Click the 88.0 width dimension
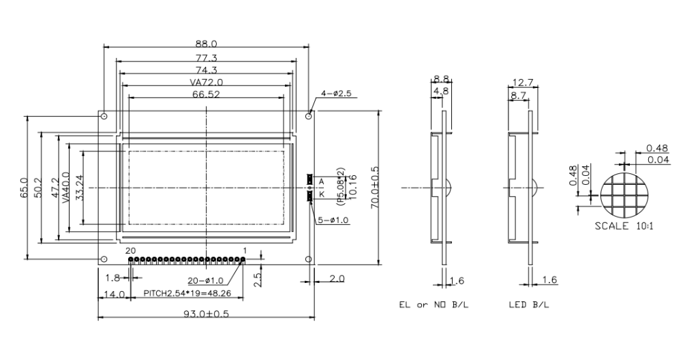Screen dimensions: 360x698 (206, 44)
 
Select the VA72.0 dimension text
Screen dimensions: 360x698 (206, 82)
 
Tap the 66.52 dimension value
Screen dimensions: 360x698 (206, 95)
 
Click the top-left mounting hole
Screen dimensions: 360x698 (104, 117)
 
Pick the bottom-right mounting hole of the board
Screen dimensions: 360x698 (309, 259)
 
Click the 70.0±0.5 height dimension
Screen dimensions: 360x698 (374, 187)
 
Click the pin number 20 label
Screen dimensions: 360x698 (130, 251)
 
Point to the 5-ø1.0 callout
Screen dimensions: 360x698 (332, 220)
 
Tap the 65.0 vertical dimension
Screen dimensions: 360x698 (24, 187)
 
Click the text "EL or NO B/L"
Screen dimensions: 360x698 (434, 304)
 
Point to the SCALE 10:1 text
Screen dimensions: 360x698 (624, 226)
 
